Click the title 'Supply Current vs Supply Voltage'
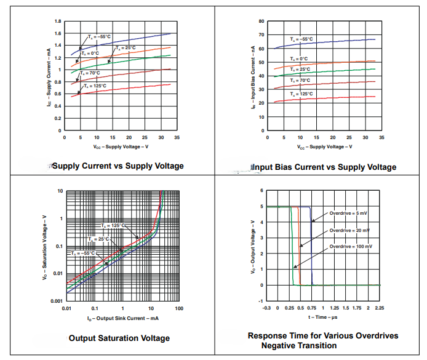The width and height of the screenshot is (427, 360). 118,166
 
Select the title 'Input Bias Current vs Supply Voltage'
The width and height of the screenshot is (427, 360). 324,167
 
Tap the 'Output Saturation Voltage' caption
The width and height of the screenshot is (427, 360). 119,338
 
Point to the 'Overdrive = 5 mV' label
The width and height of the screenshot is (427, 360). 349,213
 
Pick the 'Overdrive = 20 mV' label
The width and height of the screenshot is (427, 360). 349,230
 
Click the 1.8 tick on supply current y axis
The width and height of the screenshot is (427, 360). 58,22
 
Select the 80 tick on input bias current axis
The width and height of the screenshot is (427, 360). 261,22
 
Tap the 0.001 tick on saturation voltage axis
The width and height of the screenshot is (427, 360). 56,301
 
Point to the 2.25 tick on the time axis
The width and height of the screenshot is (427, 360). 379,308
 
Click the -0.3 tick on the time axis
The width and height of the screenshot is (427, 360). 266,308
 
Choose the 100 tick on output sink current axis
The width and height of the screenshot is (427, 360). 179,308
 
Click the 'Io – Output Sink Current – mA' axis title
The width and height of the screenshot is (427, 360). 122,318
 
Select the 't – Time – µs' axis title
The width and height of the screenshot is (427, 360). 324,318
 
